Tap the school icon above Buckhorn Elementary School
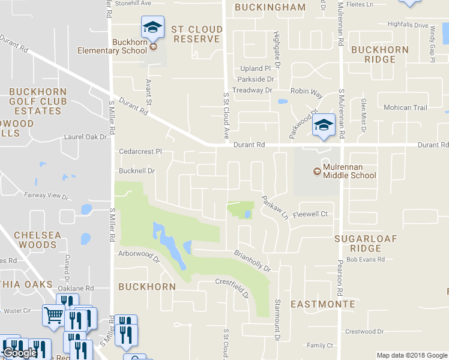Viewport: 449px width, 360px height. pyautogui.click(x=152, y=26)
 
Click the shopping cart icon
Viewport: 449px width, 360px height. pyautogui.click(x=53, y=314)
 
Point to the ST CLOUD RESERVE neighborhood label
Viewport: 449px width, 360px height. pyautogui.click(x=196, y=34)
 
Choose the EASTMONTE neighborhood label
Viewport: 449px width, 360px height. pyautogui.click(x=322, y=304)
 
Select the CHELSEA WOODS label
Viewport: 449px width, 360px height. pyautogui.click(x=37, y=240)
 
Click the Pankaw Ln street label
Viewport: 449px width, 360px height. pyautogui.click(x=275, y=206)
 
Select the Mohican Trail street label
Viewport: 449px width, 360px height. pyautogui.click(x=405, y=108)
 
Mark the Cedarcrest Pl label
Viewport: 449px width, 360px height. pyautogui.click(x=141, y=152)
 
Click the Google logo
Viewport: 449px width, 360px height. pyautogui.click(x=20, y=353)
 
